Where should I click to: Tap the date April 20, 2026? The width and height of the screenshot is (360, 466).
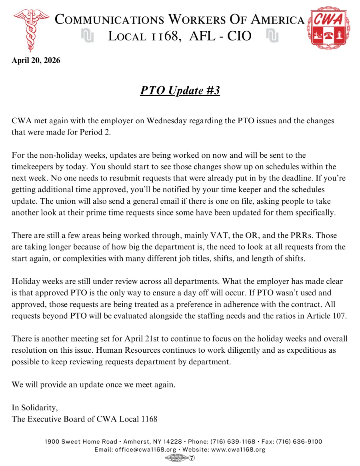36,60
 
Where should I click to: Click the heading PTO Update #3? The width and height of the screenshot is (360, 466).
180,90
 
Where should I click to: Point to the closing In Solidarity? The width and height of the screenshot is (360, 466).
35,408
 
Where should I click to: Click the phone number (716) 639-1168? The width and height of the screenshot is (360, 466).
233,442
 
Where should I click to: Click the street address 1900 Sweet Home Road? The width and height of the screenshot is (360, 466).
81,442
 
